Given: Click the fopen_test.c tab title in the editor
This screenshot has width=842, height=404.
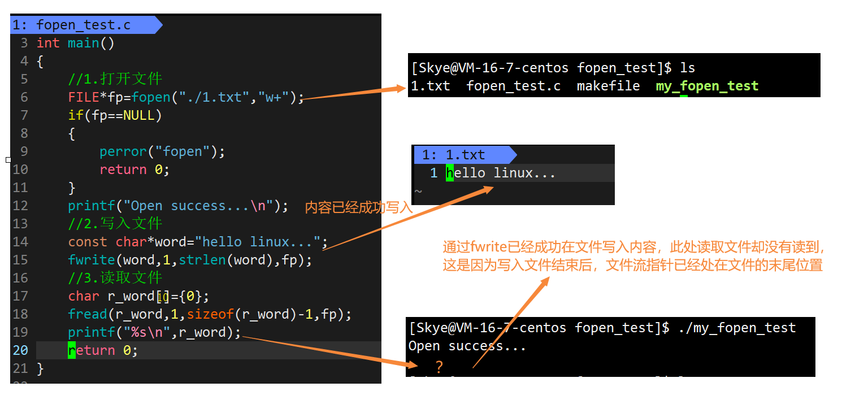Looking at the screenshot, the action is point(83,25).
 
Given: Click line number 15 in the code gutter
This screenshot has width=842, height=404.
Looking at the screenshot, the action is point(20,260).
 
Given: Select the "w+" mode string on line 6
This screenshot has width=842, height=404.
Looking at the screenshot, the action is point(274,97).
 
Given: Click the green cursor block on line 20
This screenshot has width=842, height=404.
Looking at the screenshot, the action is point(72,350).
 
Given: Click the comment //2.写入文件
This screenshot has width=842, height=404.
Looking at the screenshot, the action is point(115,224).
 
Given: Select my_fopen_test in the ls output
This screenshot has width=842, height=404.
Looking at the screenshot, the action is point(707,86).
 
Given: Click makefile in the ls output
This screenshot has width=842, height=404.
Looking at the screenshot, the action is point(608,86).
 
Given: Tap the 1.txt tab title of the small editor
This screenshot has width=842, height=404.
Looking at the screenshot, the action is point(465,155).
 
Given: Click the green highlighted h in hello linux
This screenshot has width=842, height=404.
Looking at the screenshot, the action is point(450,173).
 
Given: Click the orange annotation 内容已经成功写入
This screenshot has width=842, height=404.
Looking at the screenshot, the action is point(359,208).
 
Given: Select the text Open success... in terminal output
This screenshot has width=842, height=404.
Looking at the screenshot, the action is point(467,346).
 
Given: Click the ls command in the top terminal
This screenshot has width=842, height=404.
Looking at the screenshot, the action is point(687,68).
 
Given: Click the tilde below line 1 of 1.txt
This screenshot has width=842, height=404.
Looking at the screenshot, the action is point(418,192).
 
